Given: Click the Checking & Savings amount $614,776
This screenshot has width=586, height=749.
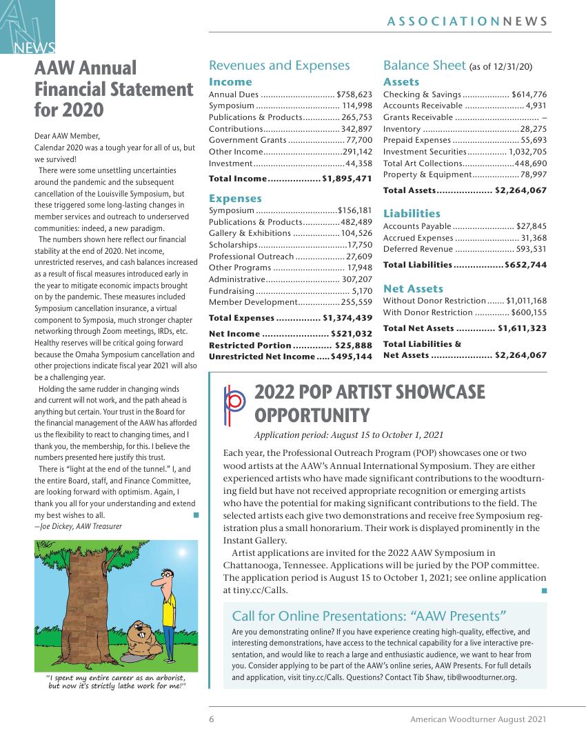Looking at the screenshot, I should [x=529, y=94].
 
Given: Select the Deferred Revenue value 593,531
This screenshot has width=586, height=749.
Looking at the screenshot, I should [x=531, y=249].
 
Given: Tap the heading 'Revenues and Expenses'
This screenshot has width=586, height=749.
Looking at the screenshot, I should [x=279, y=66].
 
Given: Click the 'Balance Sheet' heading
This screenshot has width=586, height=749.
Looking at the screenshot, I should [x=425, y=66].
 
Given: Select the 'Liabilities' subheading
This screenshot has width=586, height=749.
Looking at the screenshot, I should [x=412, y=214].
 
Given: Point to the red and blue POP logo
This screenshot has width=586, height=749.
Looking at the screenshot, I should [x=234, y=404].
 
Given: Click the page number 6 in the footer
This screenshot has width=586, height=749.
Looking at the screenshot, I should [x=212, y=719].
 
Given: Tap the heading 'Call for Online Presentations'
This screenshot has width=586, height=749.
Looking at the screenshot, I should [x=370, y=616].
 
